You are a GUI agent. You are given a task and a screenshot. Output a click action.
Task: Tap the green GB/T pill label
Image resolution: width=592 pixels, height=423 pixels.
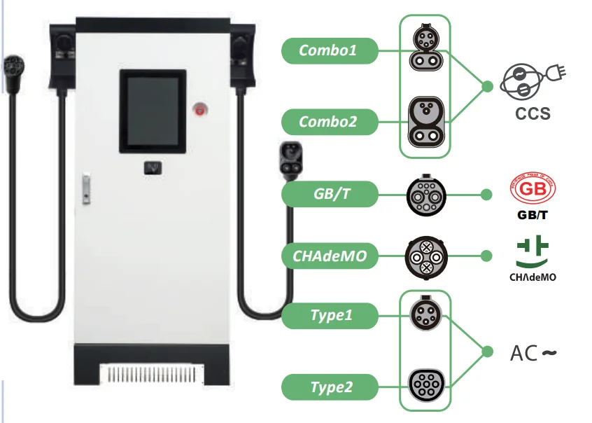click(x=329, y=194)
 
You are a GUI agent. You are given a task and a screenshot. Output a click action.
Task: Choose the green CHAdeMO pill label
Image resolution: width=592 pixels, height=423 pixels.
click(x=329, y=256)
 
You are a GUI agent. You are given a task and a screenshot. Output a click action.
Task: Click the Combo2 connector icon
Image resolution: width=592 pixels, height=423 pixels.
click(x=425, y=120)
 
